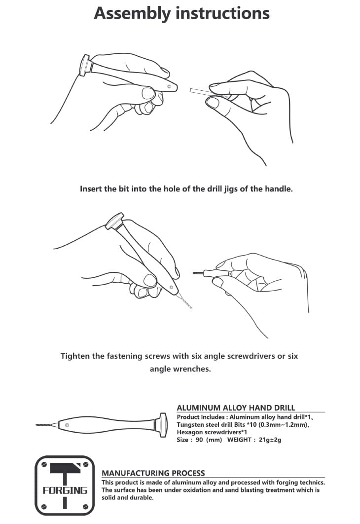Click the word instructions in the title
click(x=222, y=13)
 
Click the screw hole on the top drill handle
click(x=169, y=86)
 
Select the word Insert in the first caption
click(x=91, y=189)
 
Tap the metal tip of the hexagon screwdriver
click(x=199, y=273)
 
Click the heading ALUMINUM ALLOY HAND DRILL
click(x=236, y=408)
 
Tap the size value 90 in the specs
click(x=199, y=440)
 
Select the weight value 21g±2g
click(x=270, y=440)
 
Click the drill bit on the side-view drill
click(x=47, y=425)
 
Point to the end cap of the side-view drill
click(x=163, y=425)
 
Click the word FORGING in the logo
click(x=65, y=490)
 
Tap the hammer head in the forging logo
click(x=66, y=468)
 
